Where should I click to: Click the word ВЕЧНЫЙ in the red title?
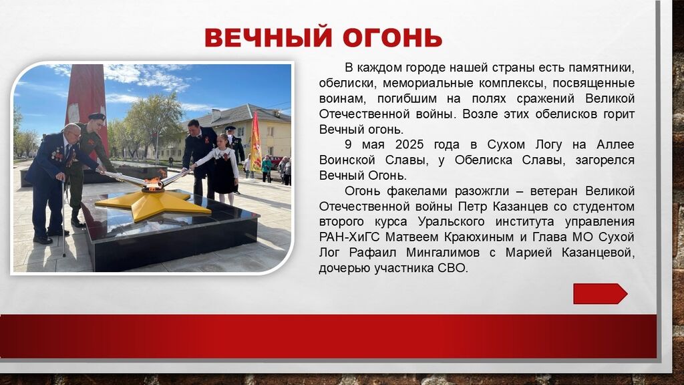(x=269, y=37)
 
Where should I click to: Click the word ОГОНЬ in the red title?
(x=393, y=37)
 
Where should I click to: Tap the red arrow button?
(x=601, y=294)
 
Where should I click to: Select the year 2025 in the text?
(x=409, y=144)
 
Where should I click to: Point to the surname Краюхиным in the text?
(x=479, y=237)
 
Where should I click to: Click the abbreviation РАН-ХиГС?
(x=349, y=237)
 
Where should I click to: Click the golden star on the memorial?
(x=153, y=204)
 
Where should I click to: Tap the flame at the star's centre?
(x=153, y=183)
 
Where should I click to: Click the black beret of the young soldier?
(x=96, y=116)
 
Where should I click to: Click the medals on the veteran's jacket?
(x=57, y=154)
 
